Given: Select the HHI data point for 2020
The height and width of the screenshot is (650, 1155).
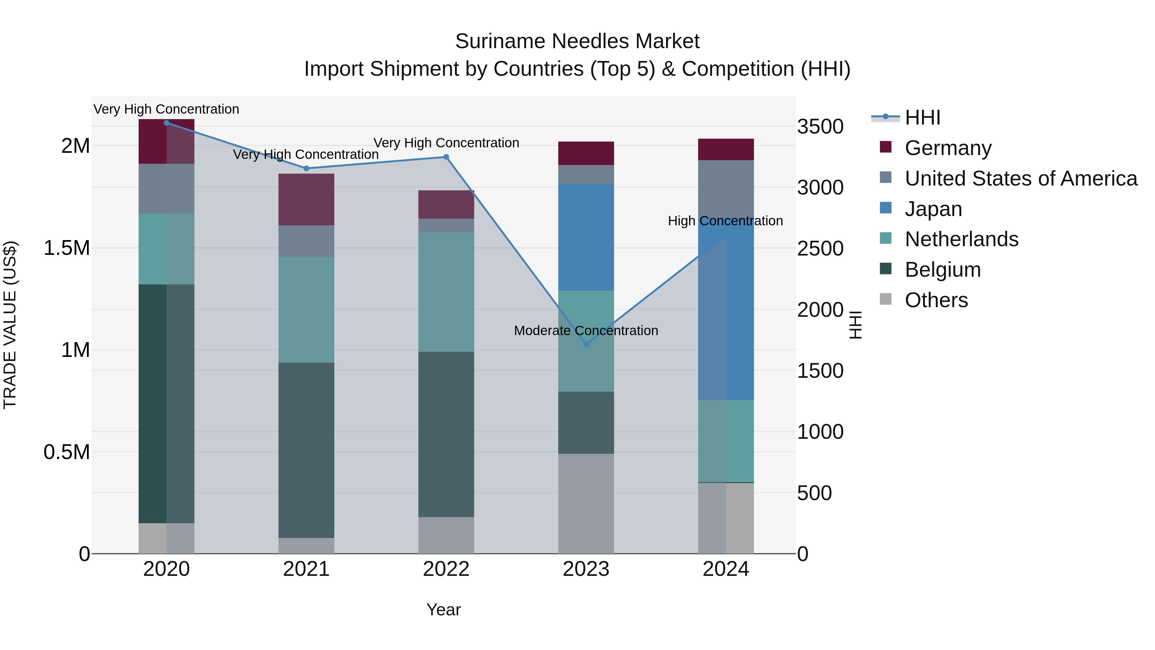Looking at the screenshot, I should click(166, 123).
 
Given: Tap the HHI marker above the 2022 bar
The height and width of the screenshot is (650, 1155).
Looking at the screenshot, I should click(446, 157).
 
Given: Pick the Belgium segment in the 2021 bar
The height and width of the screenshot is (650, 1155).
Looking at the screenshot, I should click(306, 450).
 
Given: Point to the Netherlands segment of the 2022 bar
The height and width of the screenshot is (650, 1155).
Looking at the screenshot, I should click(446, 291).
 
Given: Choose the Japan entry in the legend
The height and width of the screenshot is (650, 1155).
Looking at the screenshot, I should click(933, 209).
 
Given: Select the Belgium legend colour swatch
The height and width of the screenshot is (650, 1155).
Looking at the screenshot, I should click(886, 269).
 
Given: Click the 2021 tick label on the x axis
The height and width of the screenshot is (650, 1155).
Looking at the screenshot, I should click(306, 569).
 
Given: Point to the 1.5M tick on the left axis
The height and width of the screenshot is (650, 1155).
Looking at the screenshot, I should click(67, 248).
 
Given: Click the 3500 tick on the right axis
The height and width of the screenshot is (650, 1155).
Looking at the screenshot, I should click(820, 126).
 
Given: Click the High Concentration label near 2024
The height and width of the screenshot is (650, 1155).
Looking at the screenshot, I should click(725, 221).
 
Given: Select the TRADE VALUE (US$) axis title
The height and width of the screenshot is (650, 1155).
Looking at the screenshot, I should click(10, 325).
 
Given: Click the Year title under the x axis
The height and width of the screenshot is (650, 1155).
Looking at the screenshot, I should click(443, 610).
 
